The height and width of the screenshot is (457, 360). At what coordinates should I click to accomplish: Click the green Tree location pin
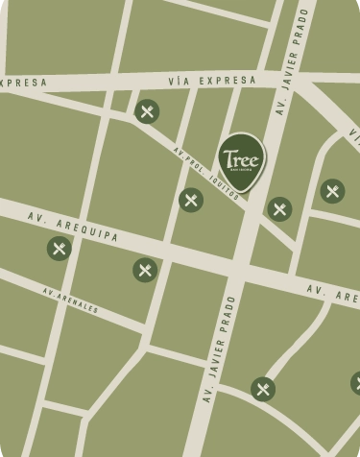(x=241, y=159)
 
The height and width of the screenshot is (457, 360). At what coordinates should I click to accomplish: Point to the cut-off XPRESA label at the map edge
(x=22, y=84)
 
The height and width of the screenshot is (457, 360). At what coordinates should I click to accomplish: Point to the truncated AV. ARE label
(x=332, y=292)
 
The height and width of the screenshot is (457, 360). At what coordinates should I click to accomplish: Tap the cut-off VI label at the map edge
(x=353, y=138)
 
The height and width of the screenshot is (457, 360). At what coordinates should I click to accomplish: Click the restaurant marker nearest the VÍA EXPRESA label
(x=147, y=112)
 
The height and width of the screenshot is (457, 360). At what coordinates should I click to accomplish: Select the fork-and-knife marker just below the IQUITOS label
(x=279, y=208)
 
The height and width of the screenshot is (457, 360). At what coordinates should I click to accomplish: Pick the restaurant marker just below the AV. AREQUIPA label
(x=60, y=249)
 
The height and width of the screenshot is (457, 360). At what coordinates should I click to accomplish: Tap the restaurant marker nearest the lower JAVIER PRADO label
(x=263, y=389)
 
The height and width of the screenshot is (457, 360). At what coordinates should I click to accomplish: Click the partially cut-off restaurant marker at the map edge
(x=356, y=384)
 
